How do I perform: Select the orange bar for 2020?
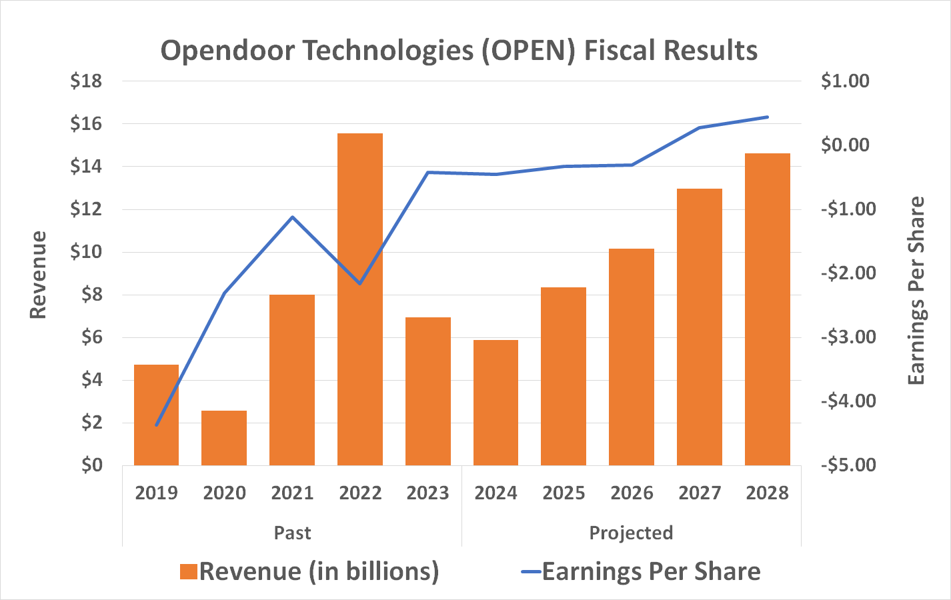click(x=224, y=437)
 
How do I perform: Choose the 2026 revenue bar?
click(x=632, y=357)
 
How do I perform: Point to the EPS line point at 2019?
click(x=157, y=425)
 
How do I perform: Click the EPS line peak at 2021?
click(x=292, y=217)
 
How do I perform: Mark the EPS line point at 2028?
click(x=768, y=117)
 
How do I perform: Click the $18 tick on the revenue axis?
click(x=86, y=81)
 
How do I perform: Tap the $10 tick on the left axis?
click(x=86, y=252)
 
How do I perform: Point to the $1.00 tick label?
click(x=845, y=81)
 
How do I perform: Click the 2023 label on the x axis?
click(x=427, y=493)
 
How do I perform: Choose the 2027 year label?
click(x=700, y=493)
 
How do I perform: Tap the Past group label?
click(x=292, y=533)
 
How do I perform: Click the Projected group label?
click(x=631, y=533)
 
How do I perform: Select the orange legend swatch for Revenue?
click(x=189, y=572)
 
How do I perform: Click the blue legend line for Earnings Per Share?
click(x=531, y=572)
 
